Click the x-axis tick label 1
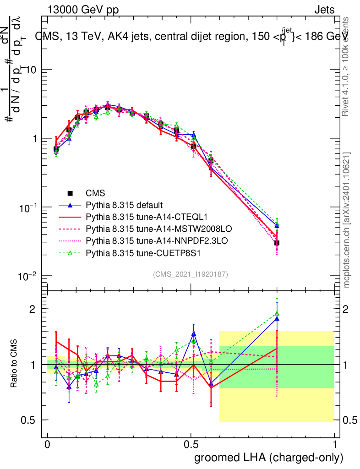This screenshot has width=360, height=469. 335,445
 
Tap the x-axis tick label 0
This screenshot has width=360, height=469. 48,445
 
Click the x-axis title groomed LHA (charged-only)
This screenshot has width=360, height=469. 269,457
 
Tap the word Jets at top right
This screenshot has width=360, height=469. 324,10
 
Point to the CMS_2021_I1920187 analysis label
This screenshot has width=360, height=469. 191,274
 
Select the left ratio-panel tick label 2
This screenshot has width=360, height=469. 31,309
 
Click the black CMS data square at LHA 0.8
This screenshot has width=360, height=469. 277,243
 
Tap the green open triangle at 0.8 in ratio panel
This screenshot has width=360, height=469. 277,314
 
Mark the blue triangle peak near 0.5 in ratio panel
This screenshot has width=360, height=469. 194,333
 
